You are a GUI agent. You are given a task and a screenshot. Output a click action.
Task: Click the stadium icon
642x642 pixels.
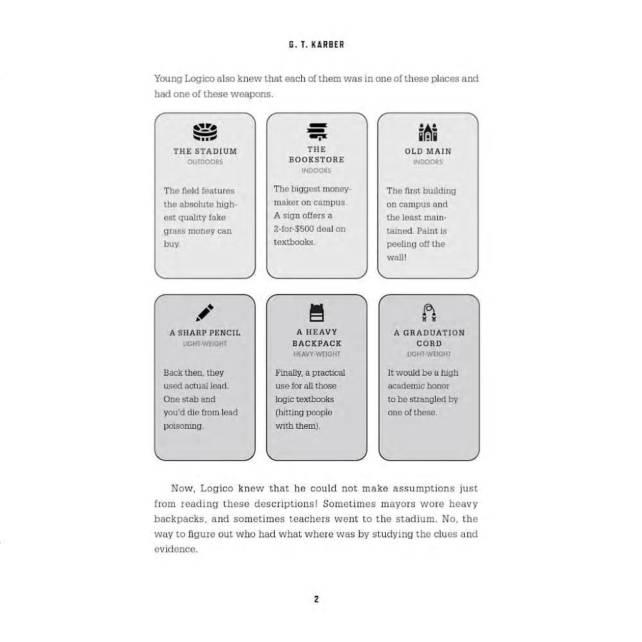(205, 132)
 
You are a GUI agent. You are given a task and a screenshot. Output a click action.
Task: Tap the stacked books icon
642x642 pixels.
(317, 132)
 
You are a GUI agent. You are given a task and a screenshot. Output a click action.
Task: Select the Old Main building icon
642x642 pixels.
(428, 132)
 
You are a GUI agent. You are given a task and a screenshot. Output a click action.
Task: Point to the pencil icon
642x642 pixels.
(205, 313)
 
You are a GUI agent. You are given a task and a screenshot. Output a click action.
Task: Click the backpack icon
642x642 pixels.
(317, 313)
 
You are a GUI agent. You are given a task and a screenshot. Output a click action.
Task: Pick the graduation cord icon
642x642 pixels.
(429, 313)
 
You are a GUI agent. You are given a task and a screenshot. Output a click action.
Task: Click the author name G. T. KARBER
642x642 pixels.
(317, 45)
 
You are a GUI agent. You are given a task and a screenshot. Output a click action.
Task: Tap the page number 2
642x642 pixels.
(317, 599)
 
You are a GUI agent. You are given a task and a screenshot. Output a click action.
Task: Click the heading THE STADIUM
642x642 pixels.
(205, 152)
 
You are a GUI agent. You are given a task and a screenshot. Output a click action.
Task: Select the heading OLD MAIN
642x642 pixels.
(428, 152)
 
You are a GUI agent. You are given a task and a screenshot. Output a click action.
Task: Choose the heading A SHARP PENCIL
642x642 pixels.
(205, 333)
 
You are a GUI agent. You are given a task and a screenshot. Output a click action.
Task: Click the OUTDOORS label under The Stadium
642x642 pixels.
(205, 162)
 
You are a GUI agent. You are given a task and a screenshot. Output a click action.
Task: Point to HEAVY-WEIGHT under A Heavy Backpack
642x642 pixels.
(317, 354)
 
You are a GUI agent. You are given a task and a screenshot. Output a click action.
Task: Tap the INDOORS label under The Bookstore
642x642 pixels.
(317, 171)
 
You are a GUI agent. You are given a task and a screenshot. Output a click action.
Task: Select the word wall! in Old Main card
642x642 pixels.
(396, 257)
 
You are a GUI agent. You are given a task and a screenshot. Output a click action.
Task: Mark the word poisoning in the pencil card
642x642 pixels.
(183, 426)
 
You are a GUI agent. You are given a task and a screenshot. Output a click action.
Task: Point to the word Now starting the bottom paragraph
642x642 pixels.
(182, 489)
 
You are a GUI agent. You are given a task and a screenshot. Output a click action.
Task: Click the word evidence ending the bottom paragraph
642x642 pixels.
(175, 549)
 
